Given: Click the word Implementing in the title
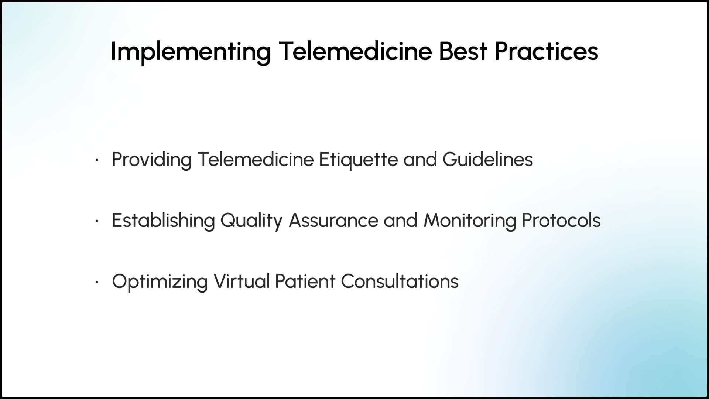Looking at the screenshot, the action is tap(191, 52).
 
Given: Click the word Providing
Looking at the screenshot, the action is tap(151, 160).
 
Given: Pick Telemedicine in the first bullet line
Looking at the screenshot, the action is tap(256, 159).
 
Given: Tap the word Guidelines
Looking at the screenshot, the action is tap(487, 159).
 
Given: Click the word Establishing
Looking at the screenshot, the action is tap(163, 221).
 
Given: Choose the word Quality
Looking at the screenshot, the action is tap(251, 221).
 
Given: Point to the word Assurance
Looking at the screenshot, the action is tap(333, 220).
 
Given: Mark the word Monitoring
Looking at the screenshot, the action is tap(469, 221).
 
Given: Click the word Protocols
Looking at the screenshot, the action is tap(561, 220).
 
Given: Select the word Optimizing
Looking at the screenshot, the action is tap(160, 282).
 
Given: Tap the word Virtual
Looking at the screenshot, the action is tap(242, 281).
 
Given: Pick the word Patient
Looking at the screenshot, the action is tap(305, 281).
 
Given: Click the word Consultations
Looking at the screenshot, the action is tap(400, 281).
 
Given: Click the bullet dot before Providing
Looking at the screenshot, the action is tap(96, 160).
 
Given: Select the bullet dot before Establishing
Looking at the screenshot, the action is tap(96, 221).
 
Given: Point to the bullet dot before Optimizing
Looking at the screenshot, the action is tap(96, 282).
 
